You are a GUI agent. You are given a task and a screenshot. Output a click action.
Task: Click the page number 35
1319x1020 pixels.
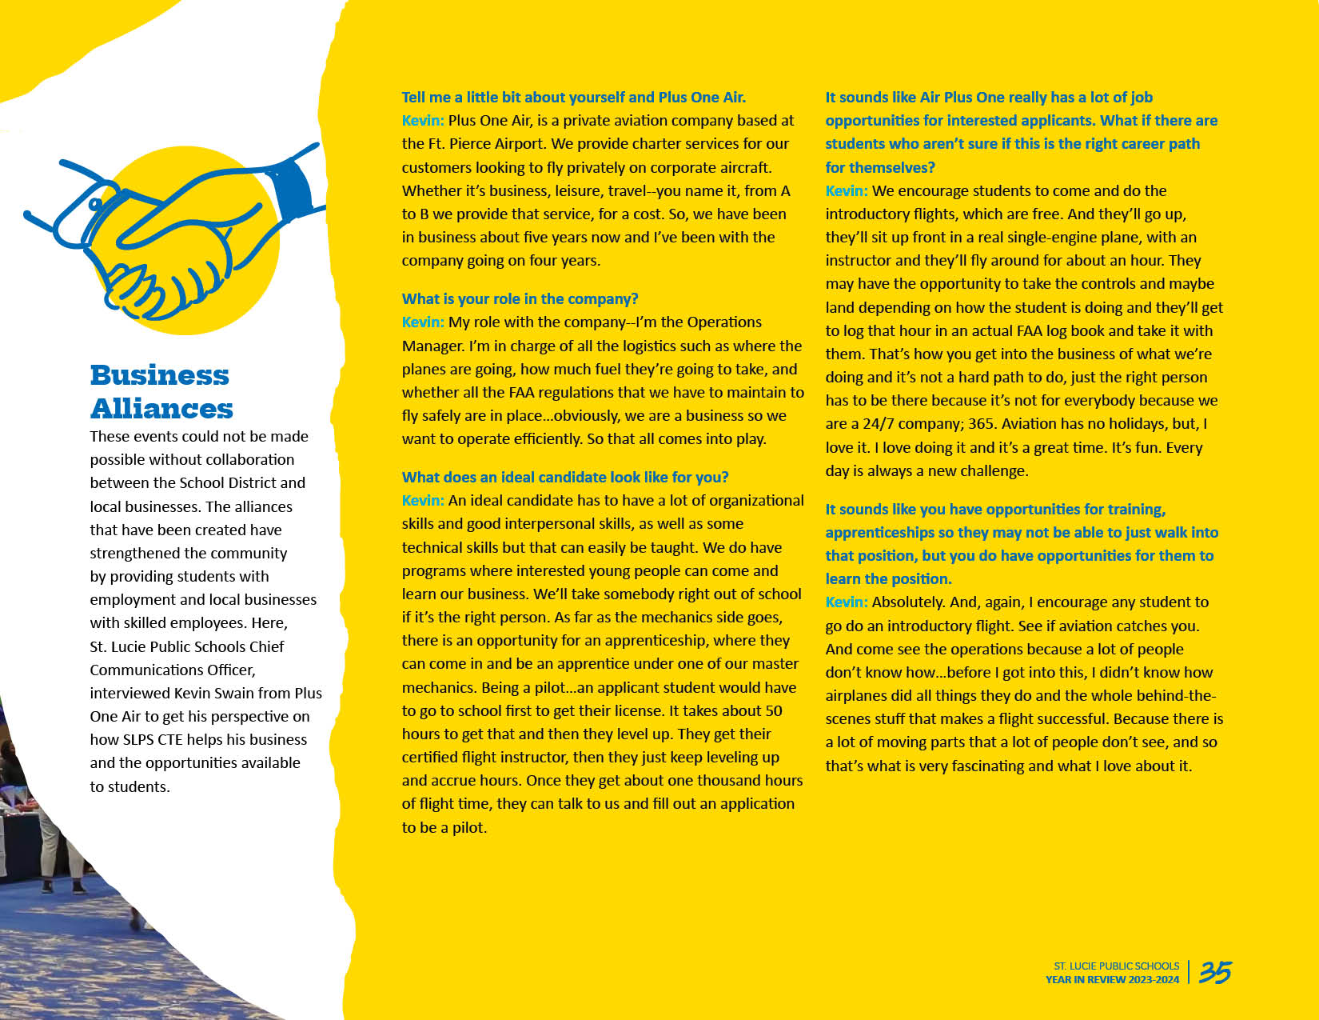1215,972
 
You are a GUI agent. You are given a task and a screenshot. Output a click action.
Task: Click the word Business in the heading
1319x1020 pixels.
159,374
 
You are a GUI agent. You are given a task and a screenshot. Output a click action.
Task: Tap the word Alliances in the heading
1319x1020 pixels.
161,408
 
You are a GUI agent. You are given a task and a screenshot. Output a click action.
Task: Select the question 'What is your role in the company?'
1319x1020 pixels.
520,298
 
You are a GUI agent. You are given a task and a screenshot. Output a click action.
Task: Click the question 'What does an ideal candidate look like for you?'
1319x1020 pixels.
564,477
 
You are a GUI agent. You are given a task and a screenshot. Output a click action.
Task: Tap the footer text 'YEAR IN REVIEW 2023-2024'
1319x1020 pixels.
1112,979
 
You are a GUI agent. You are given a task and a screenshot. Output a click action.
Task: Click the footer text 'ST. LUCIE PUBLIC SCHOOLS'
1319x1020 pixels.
1116,966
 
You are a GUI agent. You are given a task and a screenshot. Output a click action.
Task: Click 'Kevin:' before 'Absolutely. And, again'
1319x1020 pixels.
846,602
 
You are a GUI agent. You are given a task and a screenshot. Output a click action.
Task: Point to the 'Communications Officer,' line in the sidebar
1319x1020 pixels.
173,670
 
